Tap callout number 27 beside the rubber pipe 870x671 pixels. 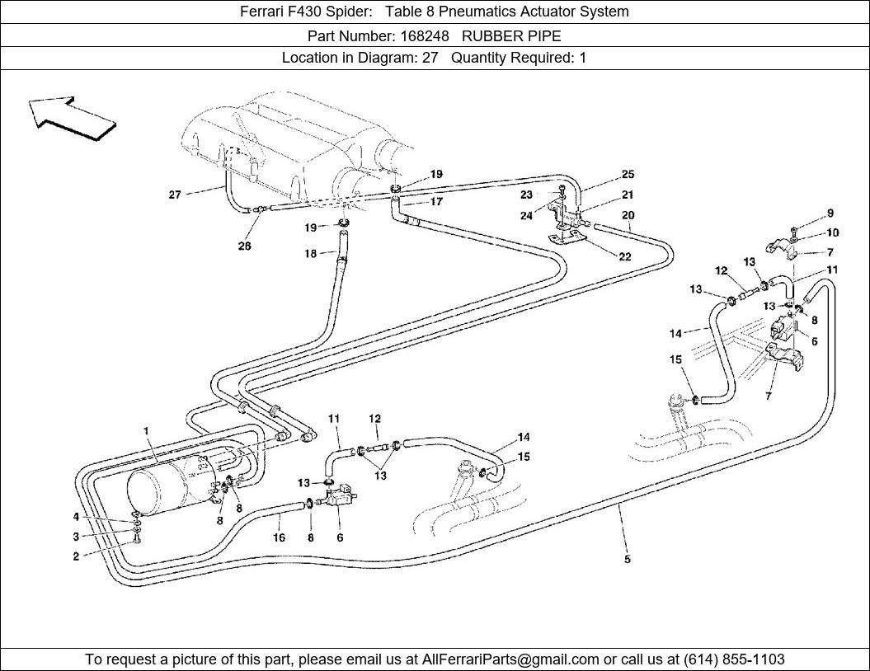(x=175, y=195)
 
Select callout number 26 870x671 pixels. (x=245, y=246)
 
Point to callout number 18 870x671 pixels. (x=310, y=254)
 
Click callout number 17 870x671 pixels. (x=436, y=201)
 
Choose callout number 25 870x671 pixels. (x=628, y=175)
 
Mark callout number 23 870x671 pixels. (x=527, y=195)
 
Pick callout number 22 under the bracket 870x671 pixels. (x=625, y=256)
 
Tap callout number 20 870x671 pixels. (x=628, y=216)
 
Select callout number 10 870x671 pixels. (x=832, y=233)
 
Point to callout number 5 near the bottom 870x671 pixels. (x=628, y=560)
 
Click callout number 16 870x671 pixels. (x=280, y=537)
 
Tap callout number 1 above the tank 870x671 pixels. (x=146, y=431)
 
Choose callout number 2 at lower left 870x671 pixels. (x=76, y=556)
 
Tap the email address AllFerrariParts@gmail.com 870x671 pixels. (x=510, y=659)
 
